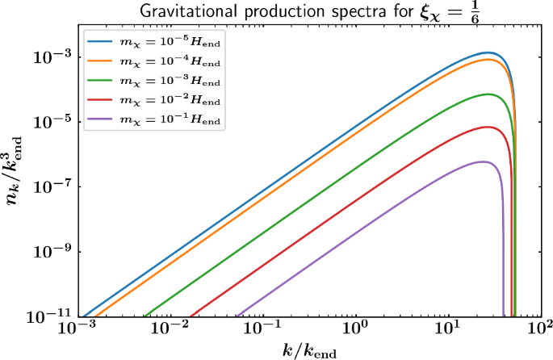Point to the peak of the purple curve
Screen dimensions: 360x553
(x=483, y=162)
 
